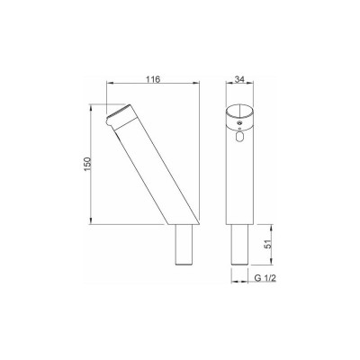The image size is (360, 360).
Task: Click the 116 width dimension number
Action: pos(153,79)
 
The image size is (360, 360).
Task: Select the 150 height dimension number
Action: pos(87,164)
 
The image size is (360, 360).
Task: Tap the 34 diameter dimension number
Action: pos(239,79)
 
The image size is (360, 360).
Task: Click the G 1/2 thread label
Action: pos(265,278)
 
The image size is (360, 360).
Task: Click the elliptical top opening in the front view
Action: pos(239,112)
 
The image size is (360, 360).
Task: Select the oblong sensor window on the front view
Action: pos(239,138)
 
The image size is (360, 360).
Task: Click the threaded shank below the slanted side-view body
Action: pos(184,245)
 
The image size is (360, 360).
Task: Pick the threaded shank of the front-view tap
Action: pos(239,245)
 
